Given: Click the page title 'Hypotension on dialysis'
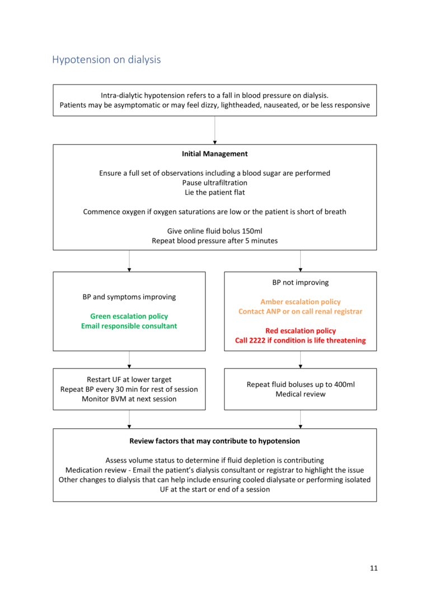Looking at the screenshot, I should pyautogui.click(x=106, y=59).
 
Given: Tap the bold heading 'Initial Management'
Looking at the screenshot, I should pyautogui.click(x=214, y=154).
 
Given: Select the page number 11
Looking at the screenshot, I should pyautogui.click(x=373, y=568).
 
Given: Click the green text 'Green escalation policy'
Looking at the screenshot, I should pyautogui.click(x=129, y=316).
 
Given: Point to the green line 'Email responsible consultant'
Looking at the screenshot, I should pyautogui.click(x=129, y=326).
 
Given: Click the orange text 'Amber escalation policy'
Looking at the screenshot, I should pyautogui.click(x=300, y=302).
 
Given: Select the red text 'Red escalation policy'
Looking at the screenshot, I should pyautogui.click(x=300, y=331).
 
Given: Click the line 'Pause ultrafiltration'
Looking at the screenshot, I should pyautogui.click(x=214, y=183).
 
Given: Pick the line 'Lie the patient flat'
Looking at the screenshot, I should pyautogui.click(x=214, y=192).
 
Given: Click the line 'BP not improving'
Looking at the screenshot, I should pyautogui.click(x=300, y=283).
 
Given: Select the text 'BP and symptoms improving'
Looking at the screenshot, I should pyautogui.click(x=129, y=297).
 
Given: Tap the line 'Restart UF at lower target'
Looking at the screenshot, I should pyautogui.click(x=129, y=380).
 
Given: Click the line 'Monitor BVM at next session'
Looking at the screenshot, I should pyautogui.click(x=129, y=399).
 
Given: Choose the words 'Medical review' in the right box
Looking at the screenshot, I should pyautogui.click(x=300, y=394).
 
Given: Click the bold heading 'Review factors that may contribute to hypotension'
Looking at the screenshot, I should pyautogui.click(x=214, y=441).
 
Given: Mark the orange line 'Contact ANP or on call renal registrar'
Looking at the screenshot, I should pyautogui.click(x=300, y=311).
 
